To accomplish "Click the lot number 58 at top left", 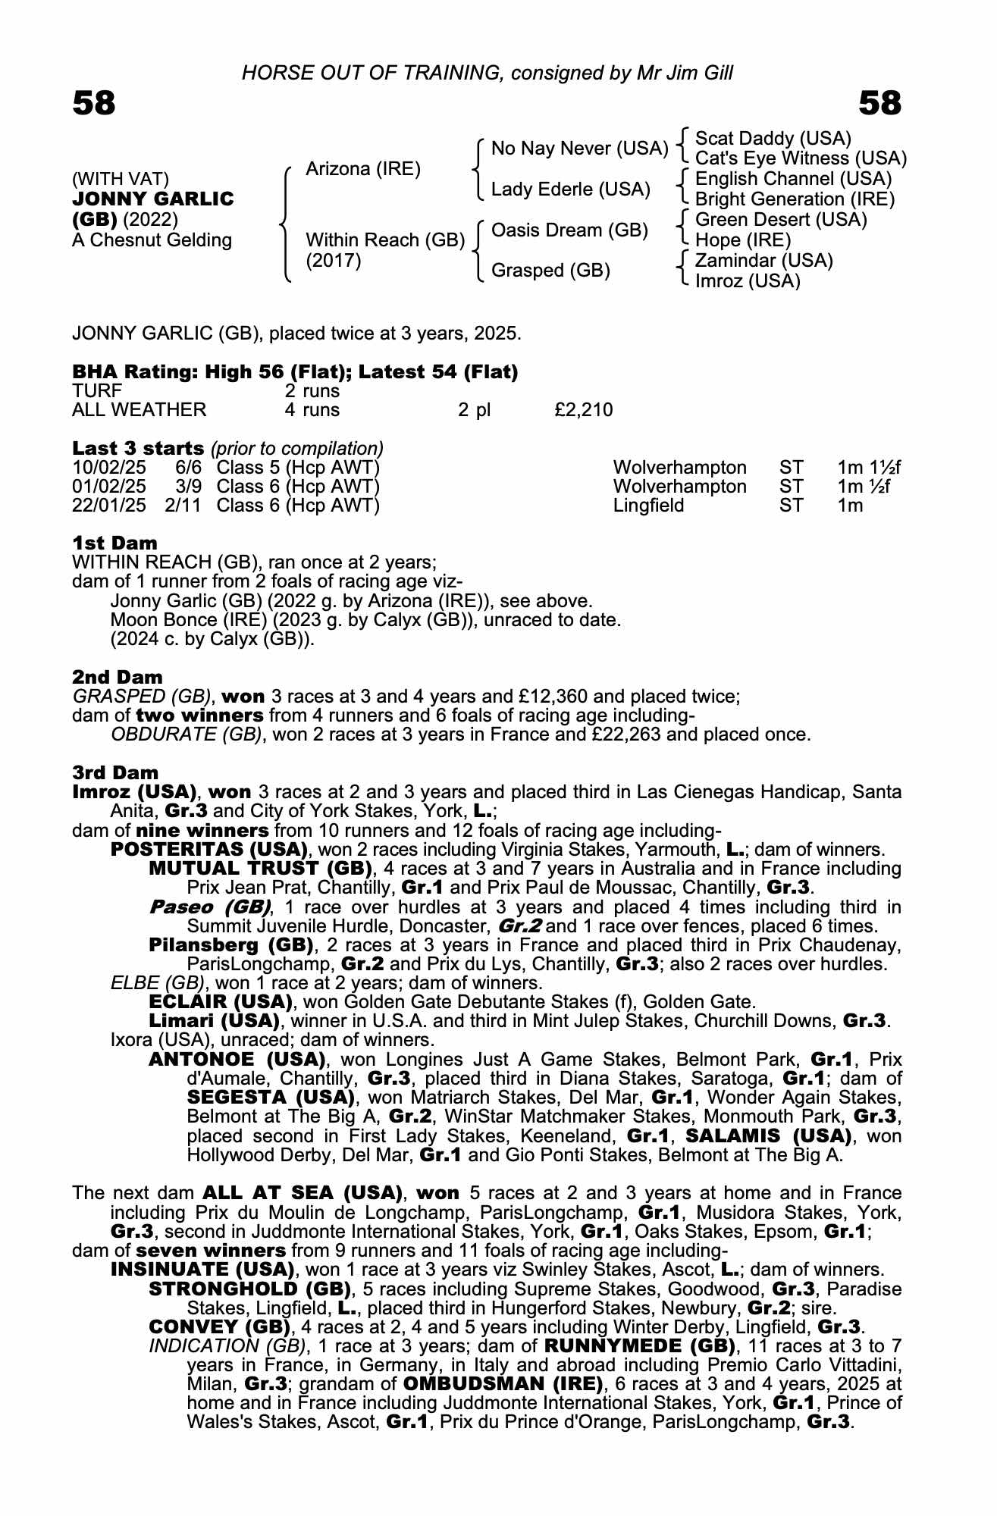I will [x=94, y=103].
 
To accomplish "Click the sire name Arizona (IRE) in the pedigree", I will [x=362, y=169].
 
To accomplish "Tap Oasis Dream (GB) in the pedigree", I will [x=569, y=230].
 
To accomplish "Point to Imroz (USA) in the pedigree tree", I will [x=748, y=281].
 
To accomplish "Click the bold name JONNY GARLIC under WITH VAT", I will [x=153, y=199].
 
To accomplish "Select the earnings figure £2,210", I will [x=583, y=410].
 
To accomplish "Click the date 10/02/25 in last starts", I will [x=109, y=468].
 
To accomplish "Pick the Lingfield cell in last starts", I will [x=648, y=506].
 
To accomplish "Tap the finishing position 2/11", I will [x=183, y=506].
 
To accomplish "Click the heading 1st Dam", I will [x=115, y=543].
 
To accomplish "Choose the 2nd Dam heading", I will [x=118, y=677].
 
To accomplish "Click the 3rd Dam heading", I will [x=116, y=772].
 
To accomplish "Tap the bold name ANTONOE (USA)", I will [x=237, y=1059].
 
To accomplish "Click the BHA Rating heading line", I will [x=295, y=372].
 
